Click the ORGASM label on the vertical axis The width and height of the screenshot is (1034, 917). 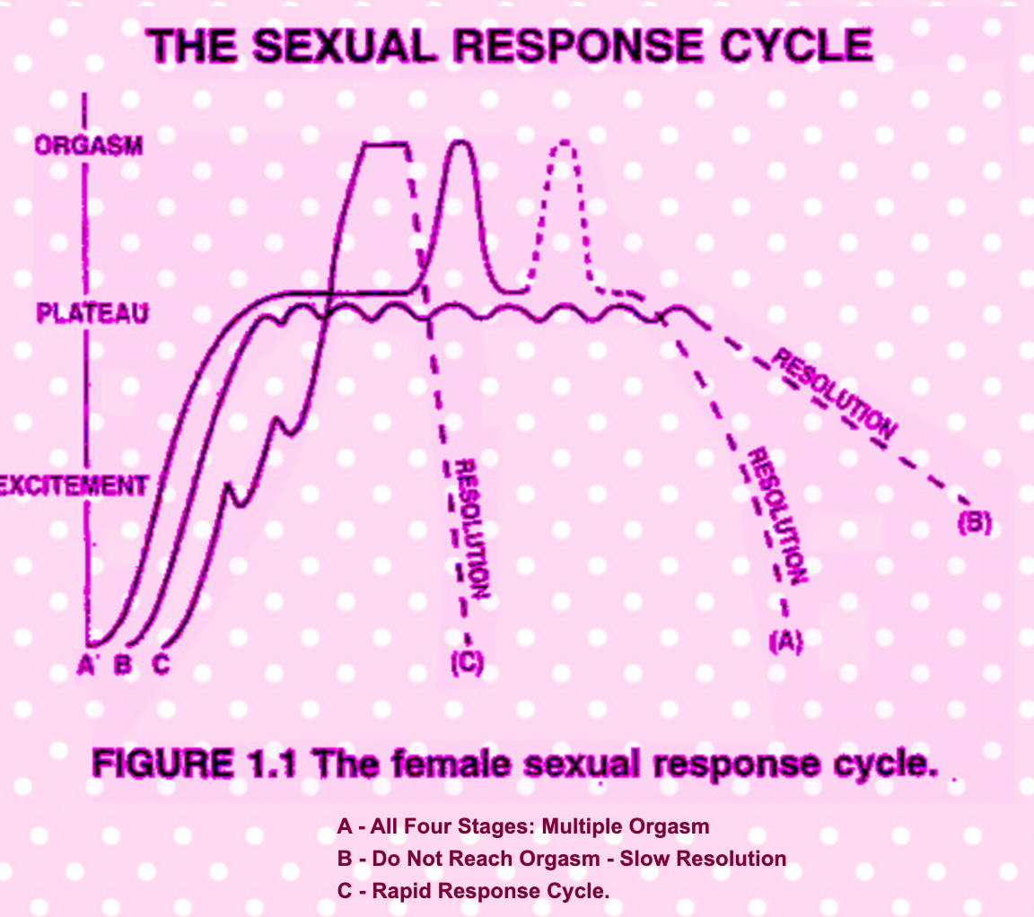pos(88,145)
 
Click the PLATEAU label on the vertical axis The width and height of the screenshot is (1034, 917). pos(93,313)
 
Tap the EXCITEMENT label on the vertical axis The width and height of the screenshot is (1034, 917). pos(74,485)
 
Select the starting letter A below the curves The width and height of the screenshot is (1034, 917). pos(87,665)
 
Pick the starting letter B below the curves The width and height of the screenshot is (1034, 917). pos(123,665)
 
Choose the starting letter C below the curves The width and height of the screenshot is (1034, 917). pos(160,665)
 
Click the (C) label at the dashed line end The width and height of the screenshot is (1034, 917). pos(467,664)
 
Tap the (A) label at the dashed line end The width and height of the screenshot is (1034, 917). pos(784,641)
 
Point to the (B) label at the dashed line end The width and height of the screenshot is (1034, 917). pos(974,523)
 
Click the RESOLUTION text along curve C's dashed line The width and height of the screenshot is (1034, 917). pos(471,529)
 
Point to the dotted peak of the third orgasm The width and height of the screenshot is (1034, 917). pos(564,144)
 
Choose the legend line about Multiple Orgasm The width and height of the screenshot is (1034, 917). pos(523,825)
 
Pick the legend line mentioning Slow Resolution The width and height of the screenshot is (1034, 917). pos(561,859)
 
